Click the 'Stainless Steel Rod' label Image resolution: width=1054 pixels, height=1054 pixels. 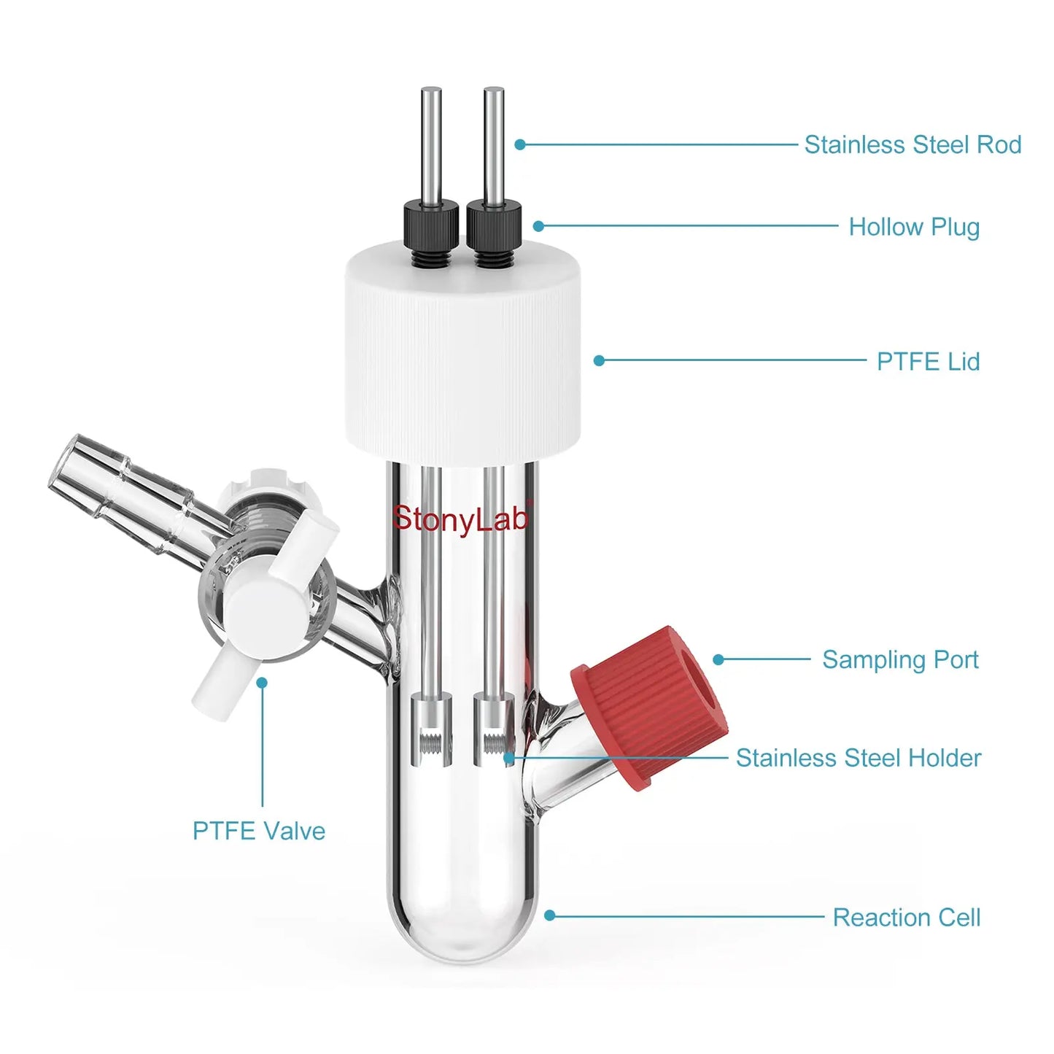912,145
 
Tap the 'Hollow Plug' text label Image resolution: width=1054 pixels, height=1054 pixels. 914,227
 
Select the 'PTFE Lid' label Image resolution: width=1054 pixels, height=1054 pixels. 928,362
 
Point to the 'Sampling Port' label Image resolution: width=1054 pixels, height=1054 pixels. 900,659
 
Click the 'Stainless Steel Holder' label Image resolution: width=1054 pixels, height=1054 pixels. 859,758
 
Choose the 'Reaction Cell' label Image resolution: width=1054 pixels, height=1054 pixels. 907,918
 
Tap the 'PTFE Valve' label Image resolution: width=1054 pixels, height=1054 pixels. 259,831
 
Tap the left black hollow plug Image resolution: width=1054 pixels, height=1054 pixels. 431,233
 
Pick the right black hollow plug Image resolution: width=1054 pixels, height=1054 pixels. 494,233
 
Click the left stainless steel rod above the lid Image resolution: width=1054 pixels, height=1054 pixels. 431,145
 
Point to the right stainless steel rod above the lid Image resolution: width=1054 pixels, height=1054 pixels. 494,145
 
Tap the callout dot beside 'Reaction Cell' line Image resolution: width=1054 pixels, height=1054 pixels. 550,915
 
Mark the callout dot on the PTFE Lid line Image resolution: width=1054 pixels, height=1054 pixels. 599,360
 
